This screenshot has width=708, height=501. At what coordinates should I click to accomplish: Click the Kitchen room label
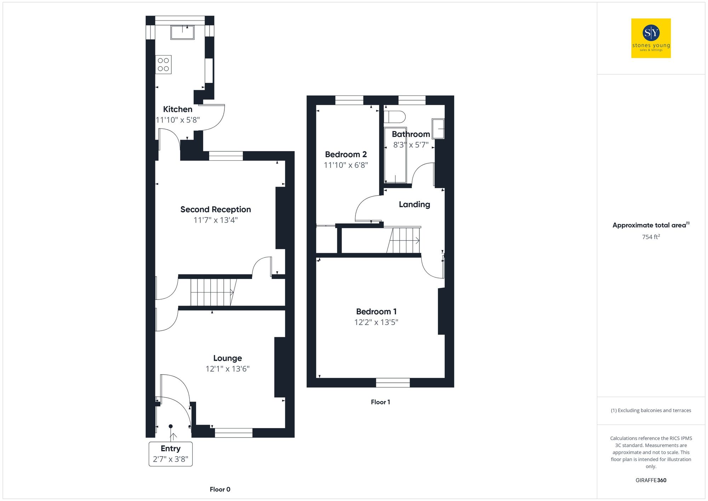177,109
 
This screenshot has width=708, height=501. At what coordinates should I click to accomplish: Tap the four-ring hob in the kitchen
163,64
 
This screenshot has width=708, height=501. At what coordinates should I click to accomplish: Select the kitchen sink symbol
182,32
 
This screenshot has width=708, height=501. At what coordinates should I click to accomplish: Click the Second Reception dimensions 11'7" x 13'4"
215,220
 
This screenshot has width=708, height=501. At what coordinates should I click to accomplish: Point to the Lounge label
227,358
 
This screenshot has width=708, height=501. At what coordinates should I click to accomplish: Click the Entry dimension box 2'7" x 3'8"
170,454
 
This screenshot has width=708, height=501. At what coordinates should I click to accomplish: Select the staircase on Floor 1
404,240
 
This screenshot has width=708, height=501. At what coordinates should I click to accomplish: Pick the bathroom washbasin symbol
438,129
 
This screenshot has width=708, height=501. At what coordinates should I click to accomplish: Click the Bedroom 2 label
346,155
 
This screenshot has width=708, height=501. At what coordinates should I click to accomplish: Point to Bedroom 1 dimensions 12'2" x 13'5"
376,322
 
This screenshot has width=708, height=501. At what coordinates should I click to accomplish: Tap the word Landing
414,205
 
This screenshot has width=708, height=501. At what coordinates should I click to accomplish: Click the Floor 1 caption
380,402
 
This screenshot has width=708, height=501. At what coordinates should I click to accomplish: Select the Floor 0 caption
220,489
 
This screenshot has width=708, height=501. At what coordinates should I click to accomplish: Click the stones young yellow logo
651,38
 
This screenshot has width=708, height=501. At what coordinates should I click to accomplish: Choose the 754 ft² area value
651,237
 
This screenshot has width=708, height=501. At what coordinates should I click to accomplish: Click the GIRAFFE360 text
651,480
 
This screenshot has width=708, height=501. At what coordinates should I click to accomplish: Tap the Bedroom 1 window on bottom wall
393,383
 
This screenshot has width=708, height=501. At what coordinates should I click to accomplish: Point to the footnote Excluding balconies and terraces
651,411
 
